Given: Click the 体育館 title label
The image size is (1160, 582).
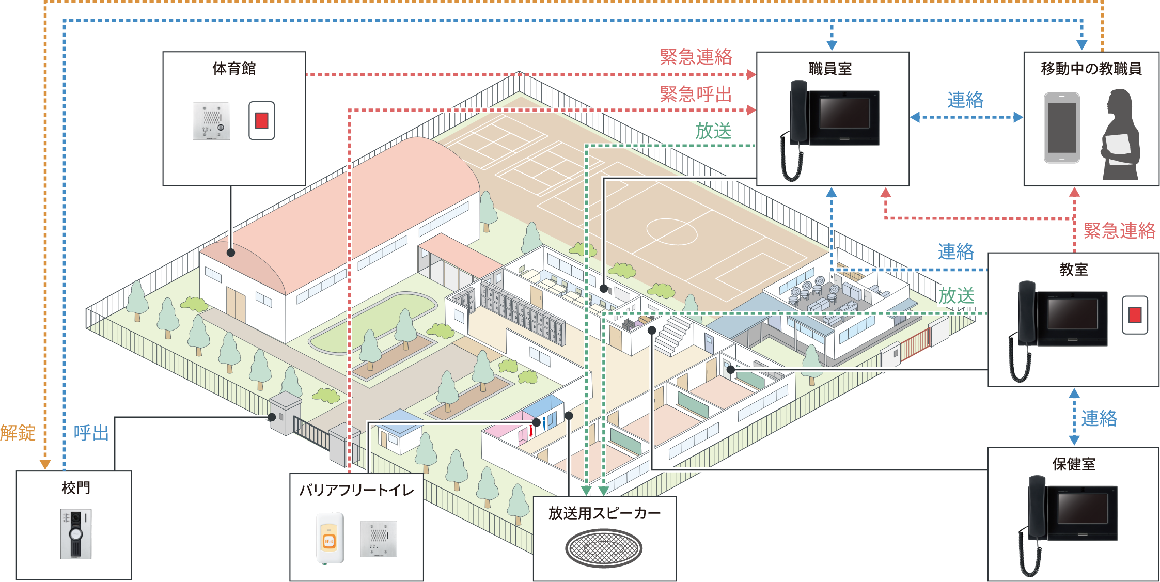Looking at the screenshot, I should pos(234,69).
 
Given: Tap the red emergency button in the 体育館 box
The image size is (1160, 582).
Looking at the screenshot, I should pos(261,121).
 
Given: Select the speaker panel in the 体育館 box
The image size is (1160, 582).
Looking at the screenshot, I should pos(211,121).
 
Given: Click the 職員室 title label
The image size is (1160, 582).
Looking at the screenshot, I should pos(830,69).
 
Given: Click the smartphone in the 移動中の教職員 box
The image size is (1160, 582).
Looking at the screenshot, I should pos(1061,128).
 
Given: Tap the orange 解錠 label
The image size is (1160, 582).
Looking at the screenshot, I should pos(18,433).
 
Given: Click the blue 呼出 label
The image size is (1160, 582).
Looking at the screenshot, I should pos(91,433).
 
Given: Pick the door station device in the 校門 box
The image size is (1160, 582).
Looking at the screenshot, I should pos(76,534).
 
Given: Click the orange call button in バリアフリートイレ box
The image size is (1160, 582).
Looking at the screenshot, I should pos(329,540).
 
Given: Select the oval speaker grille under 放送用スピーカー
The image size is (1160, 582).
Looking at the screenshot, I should pos(603,548).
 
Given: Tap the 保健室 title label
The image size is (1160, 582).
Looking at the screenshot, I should pos(1074,464).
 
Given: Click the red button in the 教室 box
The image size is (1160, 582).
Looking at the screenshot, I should pos(1135,314).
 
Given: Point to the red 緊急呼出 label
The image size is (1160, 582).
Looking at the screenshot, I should pos(696,95).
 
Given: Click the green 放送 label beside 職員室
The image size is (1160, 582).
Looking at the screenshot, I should pos(713,131).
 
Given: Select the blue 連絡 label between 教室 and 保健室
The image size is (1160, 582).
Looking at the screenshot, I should pos(1099,418).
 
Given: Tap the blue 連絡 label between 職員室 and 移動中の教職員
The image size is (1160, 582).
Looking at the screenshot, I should pos(965,100).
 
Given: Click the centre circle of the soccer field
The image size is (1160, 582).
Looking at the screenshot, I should pos(672,231).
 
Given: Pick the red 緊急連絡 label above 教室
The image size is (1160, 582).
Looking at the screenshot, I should pos(1119,231).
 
